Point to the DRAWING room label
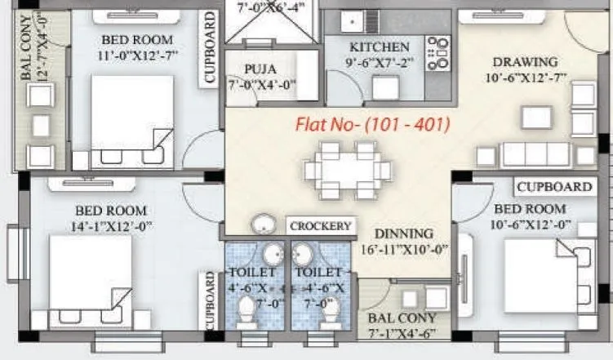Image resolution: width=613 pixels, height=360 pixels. (x=525, y=62)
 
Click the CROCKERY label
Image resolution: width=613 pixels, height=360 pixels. (x=320, y=226)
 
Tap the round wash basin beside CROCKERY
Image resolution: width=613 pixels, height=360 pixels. (x=264, y=225)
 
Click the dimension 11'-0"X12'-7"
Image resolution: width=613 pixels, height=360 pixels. (x=136, y=56)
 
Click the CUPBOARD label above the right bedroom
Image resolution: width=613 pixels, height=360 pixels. (x=553, y=187)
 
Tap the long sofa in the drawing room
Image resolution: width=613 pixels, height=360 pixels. (x=535, y=154)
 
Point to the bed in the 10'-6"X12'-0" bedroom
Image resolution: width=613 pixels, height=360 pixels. (x=549, y=273)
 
